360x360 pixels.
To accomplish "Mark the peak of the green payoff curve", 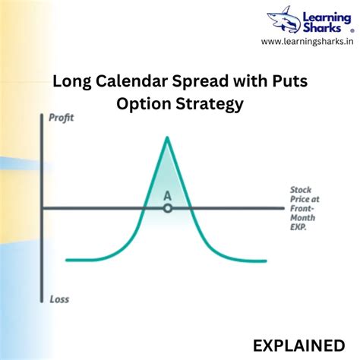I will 166,137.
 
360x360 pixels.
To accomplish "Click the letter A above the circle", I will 167,195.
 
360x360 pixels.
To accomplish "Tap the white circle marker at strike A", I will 167,207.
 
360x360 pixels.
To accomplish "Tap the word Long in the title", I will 71,82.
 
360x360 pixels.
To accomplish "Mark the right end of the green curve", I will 266,261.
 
